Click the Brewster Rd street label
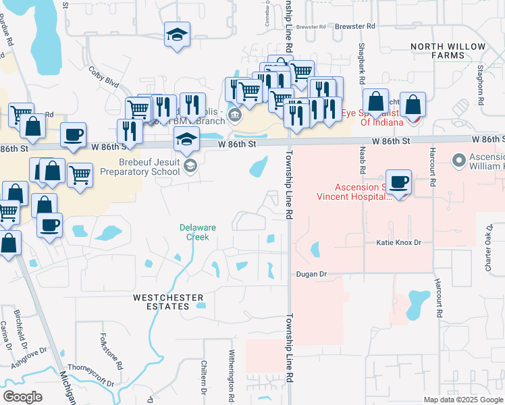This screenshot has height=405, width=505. point(355,26)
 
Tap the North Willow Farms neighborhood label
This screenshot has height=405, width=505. point(448,51)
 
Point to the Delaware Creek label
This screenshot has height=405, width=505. point(198,232)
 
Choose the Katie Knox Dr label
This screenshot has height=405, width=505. point(398,242)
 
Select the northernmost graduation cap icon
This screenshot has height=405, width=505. point(178,34)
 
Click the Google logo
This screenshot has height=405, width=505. point(23,397)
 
